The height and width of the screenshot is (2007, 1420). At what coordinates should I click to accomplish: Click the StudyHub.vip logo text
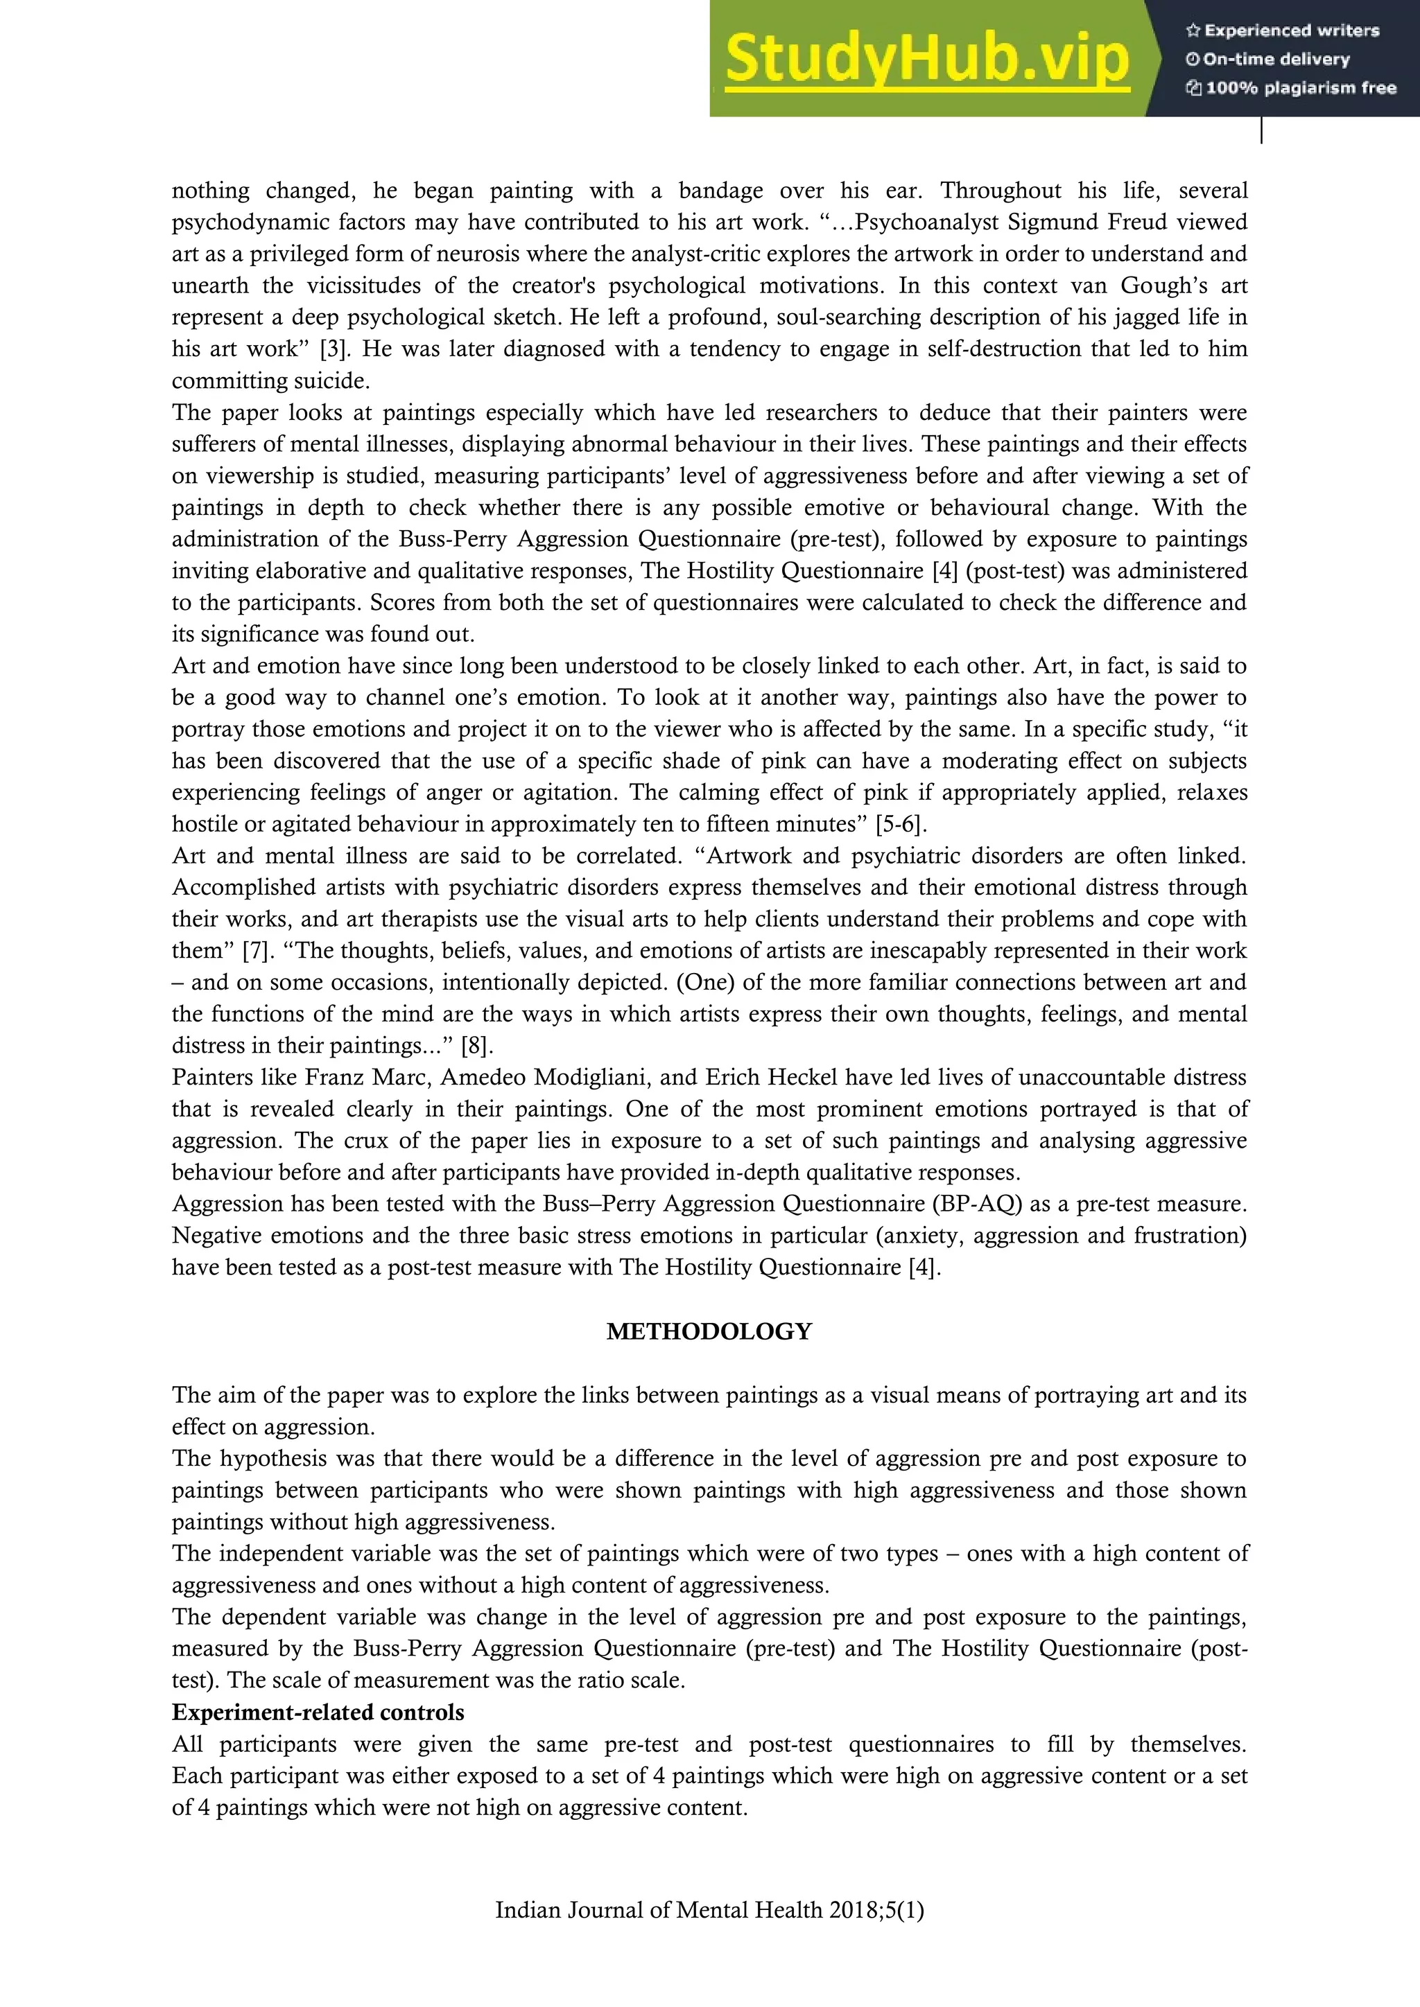[x=927, y=59]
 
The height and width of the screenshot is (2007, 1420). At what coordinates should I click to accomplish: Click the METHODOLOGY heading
[x=709, y=1331]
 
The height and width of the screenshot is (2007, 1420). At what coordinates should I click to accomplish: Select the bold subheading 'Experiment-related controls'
[x=318, y=1712]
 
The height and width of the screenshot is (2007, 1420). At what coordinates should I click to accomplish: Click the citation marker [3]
[x=332, y=349]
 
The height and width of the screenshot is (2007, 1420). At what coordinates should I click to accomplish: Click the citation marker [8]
[x=476, y=1046]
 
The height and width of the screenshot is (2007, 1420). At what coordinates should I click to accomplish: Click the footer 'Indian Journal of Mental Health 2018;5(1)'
[x=709, y=1934]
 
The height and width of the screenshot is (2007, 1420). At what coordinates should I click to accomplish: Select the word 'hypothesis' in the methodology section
[x=275, y=1458]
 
